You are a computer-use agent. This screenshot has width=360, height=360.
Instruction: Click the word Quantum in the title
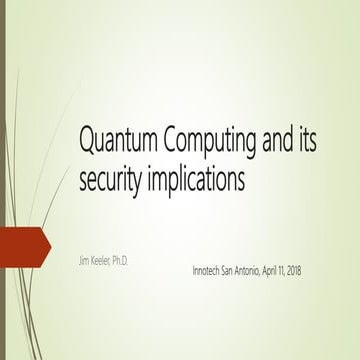116,140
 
